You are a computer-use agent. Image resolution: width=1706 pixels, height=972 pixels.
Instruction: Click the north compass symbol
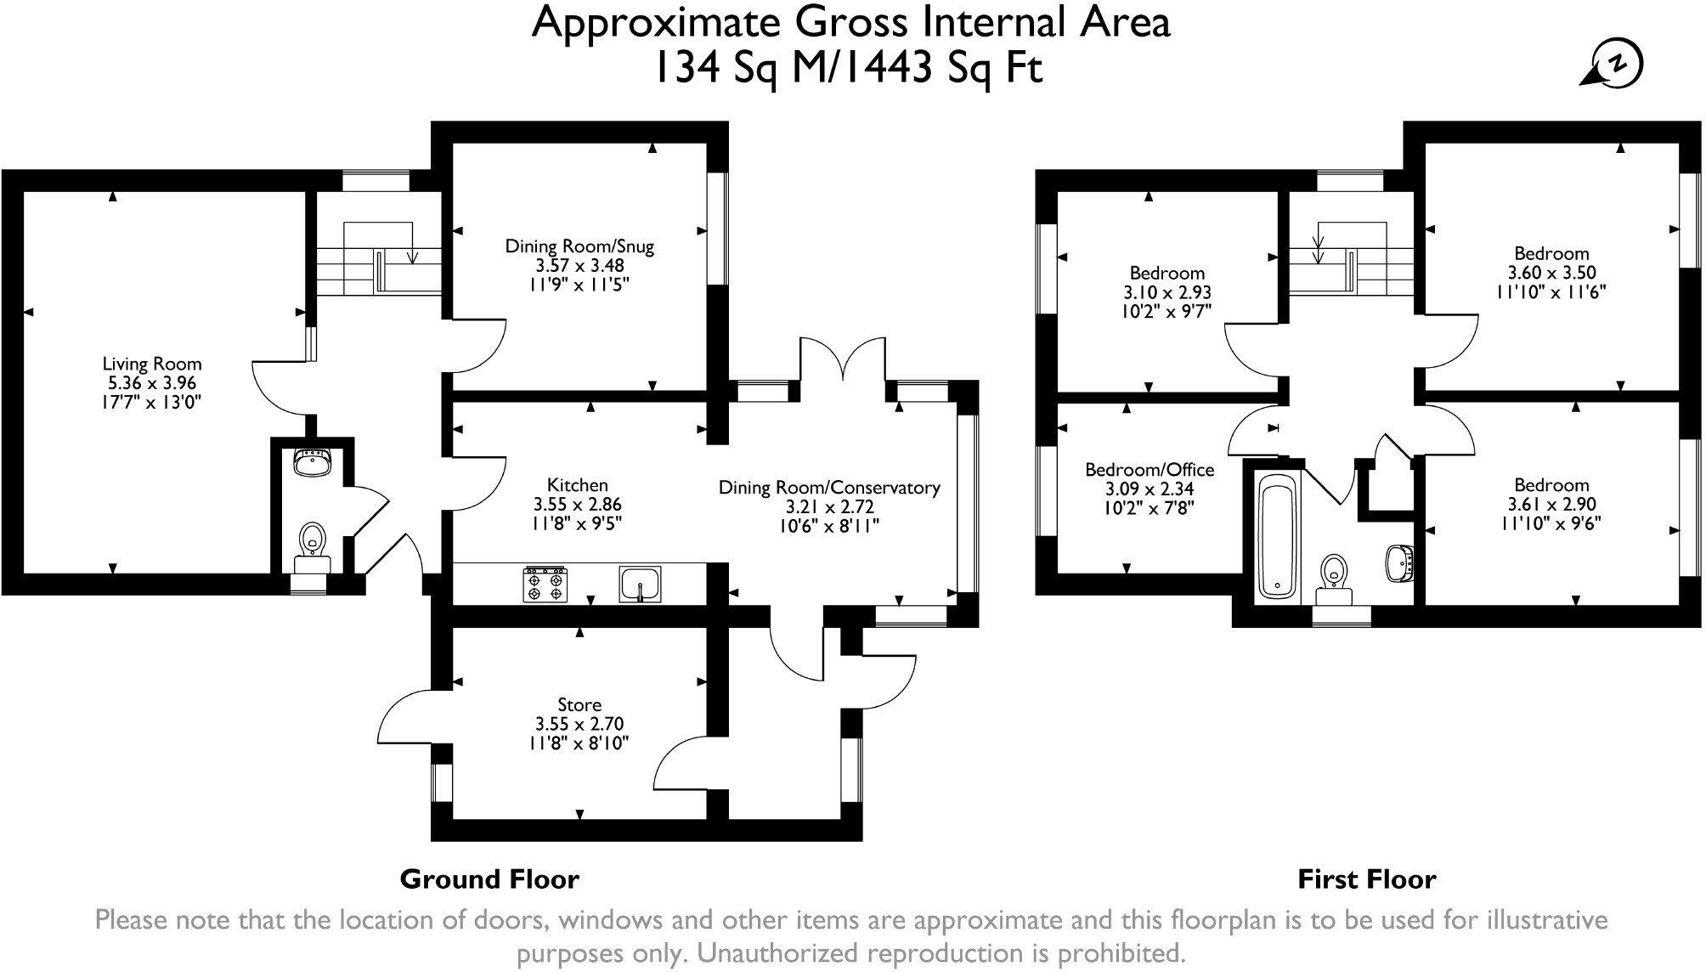coord(1615,65)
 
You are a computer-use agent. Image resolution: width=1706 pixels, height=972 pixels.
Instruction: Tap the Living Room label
coord(152,364)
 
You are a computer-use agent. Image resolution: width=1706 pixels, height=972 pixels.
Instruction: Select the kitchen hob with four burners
coord(545,585)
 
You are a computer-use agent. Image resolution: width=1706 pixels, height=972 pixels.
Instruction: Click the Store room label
coord(579,704)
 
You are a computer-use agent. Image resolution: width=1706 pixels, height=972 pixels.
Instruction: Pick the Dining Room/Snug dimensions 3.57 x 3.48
coord(579,265)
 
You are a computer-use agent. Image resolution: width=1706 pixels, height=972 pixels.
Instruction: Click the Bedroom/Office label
coord(1150,470)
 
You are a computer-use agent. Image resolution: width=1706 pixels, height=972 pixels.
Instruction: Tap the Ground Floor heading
coord(489,879)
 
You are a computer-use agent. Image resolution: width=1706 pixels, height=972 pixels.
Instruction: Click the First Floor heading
coord(1366,879)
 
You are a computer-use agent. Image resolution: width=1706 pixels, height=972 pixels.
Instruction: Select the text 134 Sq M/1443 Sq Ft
coord(847,67)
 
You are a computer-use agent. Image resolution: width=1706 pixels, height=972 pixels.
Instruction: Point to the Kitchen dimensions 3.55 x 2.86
coord(577,504)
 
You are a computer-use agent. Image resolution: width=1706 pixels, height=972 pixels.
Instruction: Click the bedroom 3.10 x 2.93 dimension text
coord(1167,292)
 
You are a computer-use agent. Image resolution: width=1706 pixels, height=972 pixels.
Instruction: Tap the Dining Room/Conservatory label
coord(829,488)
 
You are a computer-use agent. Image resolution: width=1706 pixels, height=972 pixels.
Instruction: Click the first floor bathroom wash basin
coord(1399,563)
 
